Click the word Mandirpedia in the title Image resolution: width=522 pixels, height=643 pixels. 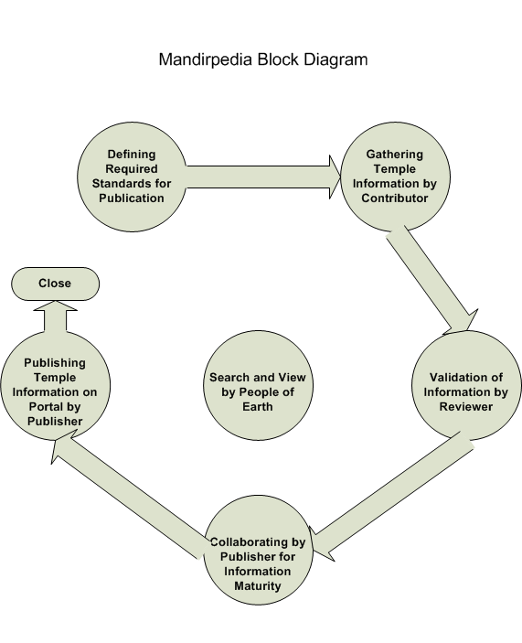206,59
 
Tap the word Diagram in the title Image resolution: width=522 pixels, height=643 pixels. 336,60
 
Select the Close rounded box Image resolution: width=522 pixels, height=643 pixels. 55,284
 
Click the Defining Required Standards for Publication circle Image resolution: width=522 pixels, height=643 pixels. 132,177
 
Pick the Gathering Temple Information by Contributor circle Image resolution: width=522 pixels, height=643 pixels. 395,177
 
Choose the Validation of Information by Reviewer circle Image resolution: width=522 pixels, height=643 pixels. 466,385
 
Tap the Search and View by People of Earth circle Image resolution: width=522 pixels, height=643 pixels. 258,385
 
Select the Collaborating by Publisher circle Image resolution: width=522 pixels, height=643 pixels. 258,550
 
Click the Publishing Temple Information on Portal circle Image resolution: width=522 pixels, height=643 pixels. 55,385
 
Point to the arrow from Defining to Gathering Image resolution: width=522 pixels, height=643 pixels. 263,177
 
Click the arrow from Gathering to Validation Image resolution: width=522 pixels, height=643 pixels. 432,280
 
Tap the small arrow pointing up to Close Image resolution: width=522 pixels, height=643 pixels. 55,316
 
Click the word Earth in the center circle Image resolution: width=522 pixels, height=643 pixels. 257,407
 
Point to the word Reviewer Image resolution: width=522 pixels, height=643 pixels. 466,407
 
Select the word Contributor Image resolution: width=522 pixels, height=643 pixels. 395,198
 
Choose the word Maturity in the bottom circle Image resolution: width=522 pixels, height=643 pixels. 257,586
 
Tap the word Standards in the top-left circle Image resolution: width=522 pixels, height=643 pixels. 119,183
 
